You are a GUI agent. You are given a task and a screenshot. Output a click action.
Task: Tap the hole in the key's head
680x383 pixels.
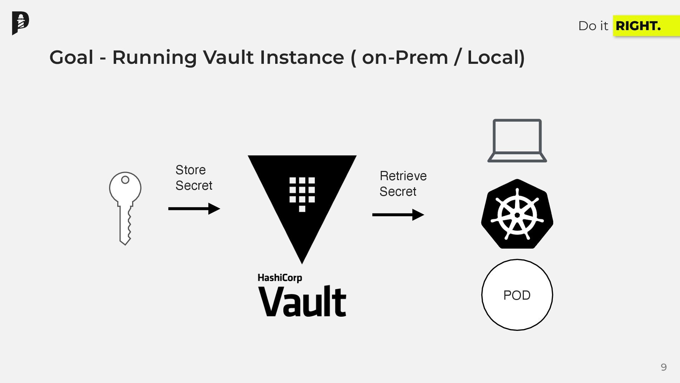click(125, 180)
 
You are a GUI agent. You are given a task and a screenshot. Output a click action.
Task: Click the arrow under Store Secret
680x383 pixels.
click(194, 209)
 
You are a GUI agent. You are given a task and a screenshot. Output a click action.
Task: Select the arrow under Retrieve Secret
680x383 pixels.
click(398, 215)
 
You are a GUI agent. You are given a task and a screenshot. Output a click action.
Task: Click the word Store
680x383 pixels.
click(191, 170)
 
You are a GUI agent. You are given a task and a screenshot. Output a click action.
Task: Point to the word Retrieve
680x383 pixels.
click(403, 176)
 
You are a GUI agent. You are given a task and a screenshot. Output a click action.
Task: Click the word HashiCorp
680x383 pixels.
click(280, 278)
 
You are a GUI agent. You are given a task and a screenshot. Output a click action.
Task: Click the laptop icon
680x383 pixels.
click(517, 141)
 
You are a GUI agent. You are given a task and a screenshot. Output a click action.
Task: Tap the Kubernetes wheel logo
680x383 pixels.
click(517, 214)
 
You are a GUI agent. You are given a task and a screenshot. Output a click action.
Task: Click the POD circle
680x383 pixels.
click(517, 295)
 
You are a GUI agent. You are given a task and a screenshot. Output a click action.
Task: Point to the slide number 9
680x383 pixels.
click(664, 367)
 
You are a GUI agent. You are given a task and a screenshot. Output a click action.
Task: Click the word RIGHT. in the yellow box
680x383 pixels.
click(638, 26)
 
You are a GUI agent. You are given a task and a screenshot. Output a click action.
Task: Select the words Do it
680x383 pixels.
click(593, 26)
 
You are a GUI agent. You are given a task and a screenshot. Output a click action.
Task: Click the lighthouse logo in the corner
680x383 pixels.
click(21, 23)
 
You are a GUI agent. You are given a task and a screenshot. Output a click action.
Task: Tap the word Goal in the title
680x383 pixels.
click(72, 57)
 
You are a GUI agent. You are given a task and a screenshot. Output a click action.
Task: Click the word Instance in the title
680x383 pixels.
click(302, 57)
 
